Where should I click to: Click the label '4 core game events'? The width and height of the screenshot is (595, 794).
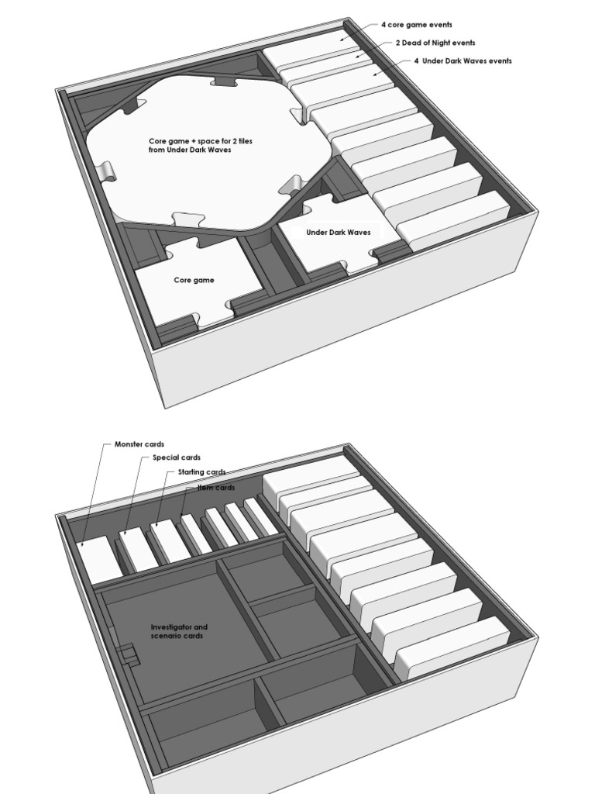416,25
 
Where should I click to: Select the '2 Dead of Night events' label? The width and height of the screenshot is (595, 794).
435,43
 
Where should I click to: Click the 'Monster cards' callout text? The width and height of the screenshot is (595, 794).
139,444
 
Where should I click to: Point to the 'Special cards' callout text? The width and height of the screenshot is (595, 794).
177,457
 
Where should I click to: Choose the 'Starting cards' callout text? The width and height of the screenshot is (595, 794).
201,471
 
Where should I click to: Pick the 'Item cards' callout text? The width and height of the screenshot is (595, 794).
216,487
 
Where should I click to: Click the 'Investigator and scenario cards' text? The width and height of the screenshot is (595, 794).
178,631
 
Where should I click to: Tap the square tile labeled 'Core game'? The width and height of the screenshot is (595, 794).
194,280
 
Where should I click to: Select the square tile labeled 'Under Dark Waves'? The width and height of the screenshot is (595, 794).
338,232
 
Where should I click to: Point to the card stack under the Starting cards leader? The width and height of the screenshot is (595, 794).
170,540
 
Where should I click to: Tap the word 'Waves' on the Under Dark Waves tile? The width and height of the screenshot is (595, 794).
358,232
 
